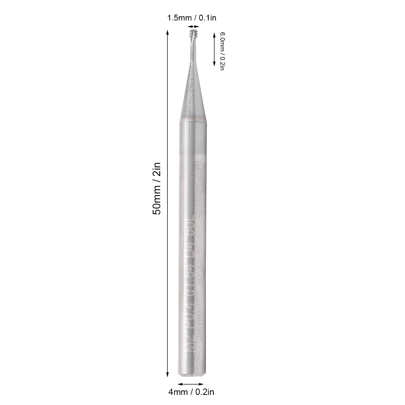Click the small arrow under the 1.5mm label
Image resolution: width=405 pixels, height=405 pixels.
pos(194,27)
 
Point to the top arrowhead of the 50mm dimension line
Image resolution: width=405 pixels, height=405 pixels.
pos(167,32)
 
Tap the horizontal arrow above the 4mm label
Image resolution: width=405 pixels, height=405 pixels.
pos(191,384)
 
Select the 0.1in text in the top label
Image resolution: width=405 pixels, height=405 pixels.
pos(207,18)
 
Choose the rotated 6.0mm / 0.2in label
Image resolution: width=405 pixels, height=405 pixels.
pos(222,51)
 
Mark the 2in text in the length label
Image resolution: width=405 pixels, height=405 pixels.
pos(156,169)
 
